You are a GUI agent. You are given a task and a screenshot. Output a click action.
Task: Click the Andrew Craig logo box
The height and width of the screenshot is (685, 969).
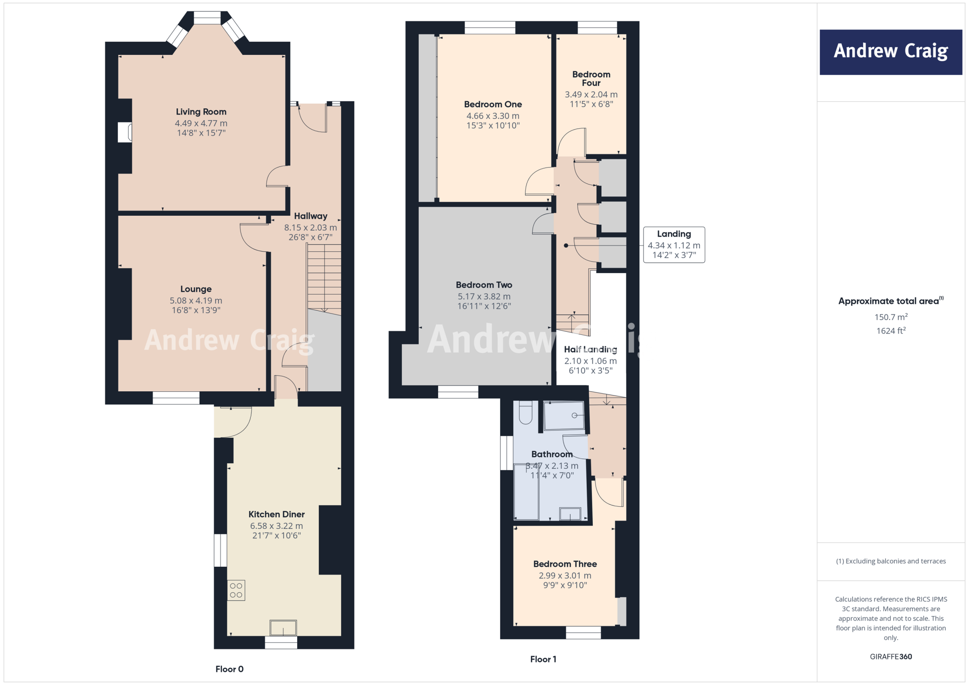[890, 52]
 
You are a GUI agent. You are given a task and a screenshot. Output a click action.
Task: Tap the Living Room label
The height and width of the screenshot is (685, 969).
[201, 112]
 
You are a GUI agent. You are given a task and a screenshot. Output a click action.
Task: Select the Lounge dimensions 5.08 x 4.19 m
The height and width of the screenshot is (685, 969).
[196, 301]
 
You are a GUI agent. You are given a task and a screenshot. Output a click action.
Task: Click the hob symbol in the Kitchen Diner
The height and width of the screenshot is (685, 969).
[236, 590]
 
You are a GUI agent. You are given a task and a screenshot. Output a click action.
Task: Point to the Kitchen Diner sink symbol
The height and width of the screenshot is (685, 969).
[283, 628]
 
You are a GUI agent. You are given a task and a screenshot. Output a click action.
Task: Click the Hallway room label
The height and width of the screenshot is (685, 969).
[310, 216]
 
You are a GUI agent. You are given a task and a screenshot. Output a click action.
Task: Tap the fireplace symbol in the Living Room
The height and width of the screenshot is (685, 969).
[125, 132]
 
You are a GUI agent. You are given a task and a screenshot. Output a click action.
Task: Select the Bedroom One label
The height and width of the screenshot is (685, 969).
[493, 105]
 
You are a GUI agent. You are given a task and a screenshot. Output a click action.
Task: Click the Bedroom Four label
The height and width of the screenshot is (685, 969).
[591, 79]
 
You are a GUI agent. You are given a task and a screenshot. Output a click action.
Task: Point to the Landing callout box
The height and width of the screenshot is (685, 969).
[674, 245]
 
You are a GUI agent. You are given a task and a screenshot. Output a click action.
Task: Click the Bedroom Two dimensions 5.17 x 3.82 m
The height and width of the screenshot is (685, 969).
[484, 297]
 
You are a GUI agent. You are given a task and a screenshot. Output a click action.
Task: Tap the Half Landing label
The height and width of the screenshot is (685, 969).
[590, 350]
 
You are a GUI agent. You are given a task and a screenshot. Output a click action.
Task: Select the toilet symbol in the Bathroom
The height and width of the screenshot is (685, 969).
[526, 412]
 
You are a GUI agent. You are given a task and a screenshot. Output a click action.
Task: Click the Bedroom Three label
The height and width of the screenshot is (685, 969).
[564, 564]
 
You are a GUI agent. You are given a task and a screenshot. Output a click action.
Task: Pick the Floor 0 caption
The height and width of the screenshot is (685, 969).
[229, 669]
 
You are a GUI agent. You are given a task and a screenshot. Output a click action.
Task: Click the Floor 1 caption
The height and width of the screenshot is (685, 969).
[543, 659]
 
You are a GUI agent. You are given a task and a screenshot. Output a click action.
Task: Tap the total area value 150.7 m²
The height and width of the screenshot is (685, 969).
[890, 317]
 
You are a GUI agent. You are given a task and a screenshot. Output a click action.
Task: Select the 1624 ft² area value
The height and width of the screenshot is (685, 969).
[890, 331]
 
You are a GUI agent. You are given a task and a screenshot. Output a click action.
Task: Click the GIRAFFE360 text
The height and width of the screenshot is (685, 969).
[890, 657]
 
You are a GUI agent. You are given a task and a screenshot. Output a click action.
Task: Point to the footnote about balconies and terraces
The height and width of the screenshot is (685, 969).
[890, 561]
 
